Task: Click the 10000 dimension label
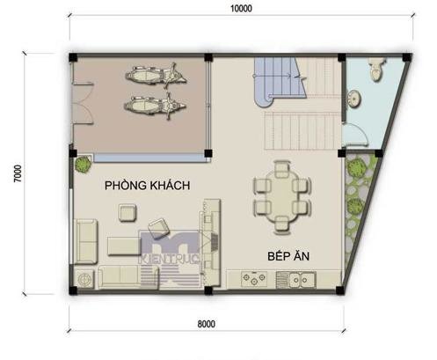(241, 9)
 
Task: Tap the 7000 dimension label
(18, 173)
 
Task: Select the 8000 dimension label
(207, 324)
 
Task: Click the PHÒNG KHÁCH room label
(147, 186)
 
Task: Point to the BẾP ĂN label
(288, 256)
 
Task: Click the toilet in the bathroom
(376, 69)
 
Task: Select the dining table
(282, 196)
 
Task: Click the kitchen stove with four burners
(254, 279)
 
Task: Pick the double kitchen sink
(295, 280)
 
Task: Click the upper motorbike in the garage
(156, 75)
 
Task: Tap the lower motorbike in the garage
(155, 106)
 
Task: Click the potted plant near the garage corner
(83, 165)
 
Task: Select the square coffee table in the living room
(127, 213)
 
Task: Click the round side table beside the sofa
(84, 279)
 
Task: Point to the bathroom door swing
(355, 135)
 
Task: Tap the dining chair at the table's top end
(282, 167)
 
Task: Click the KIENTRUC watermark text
(170, 258)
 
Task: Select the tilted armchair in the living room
(159, 228)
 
